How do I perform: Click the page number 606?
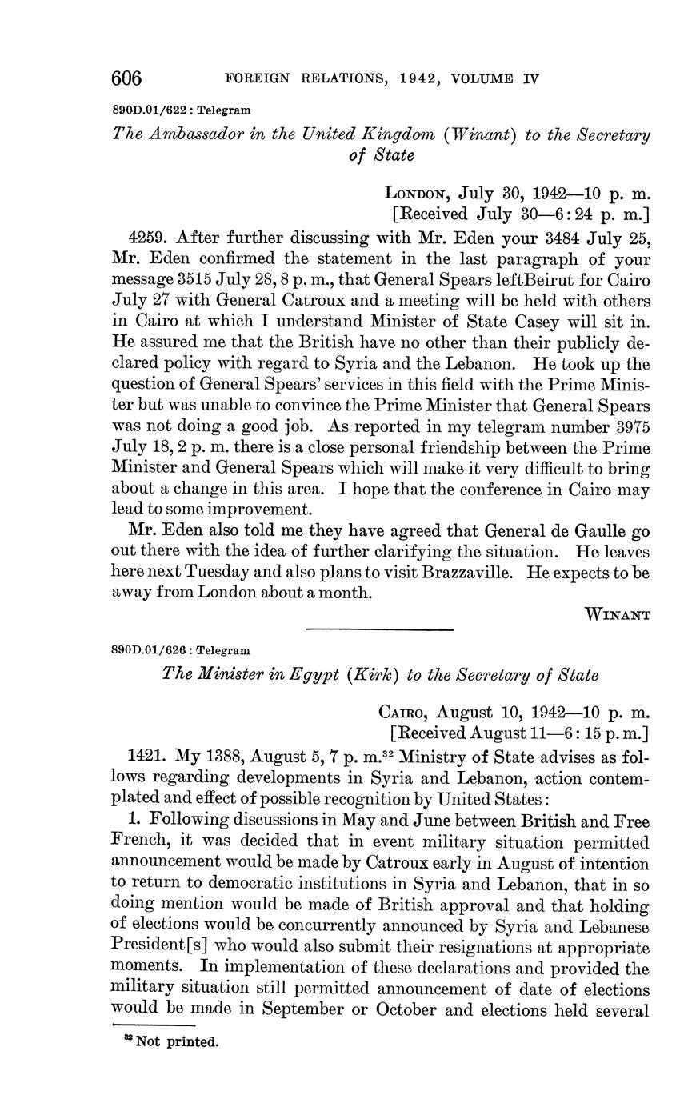[126, 78]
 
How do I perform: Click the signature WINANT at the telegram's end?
[618, 614]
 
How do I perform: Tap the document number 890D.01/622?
[144, 110]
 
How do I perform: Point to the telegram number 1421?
[146, 757]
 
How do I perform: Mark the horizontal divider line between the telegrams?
[380, 629]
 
